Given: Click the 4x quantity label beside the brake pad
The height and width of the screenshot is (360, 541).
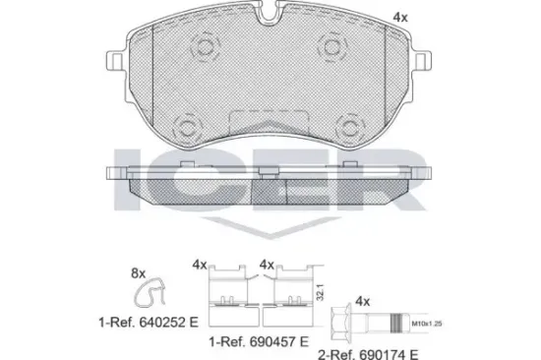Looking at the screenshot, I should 428,18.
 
